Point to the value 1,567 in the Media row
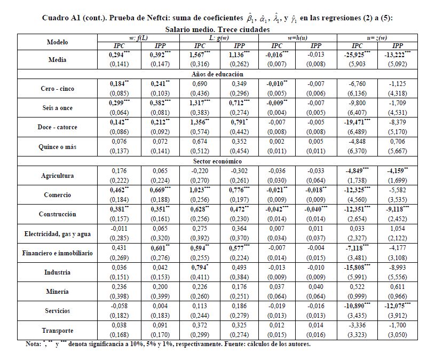click(199, 54)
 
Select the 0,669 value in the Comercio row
click(161, 190)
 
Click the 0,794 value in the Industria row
click(199, 267)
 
